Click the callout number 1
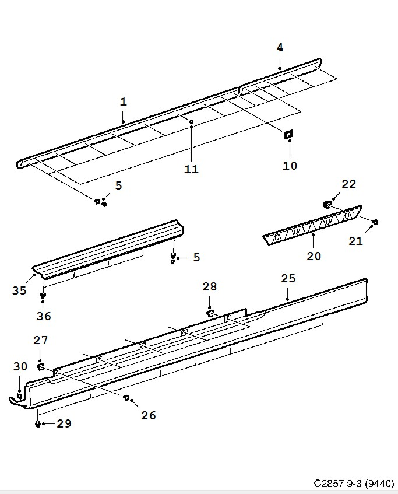pos(124,102)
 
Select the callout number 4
pos(280,48)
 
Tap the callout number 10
pos(290,166)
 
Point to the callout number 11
pos(191,169)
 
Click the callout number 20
pos(314,255)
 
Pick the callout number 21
pos(356,240)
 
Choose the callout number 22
pos(348,184)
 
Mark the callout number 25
pos(288,279)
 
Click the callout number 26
pos(149,415)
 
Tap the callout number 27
pos(41,340)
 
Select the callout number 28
pos(210,286)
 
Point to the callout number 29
pos(64,423)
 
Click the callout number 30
pos(20,367)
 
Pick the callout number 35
pos(20,290)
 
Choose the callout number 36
pos(44,316)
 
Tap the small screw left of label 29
pos(38,424)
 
